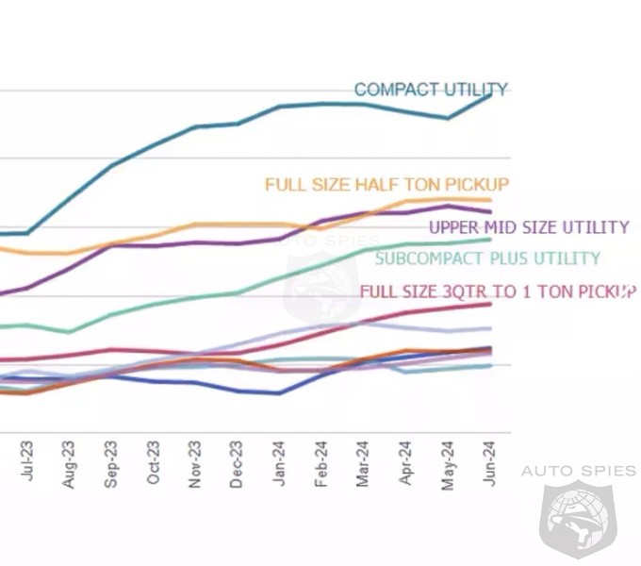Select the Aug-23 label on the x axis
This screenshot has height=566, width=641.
(70, 464)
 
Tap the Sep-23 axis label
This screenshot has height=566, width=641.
(111, 464)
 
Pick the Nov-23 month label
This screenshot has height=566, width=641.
(195, 464)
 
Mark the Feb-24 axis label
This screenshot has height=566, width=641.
(322, 464)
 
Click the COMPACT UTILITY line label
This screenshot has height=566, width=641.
(431, 90)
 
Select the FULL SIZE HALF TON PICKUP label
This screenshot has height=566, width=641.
(386, 184)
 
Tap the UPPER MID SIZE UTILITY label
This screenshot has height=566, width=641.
(528, 227)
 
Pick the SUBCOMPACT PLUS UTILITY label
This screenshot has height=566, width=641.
(487, 258)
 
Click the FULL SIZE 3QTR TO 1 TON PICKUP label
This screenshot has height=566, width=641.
(498, 291)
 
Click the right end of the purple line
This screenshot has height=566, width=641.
(490, 211)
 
